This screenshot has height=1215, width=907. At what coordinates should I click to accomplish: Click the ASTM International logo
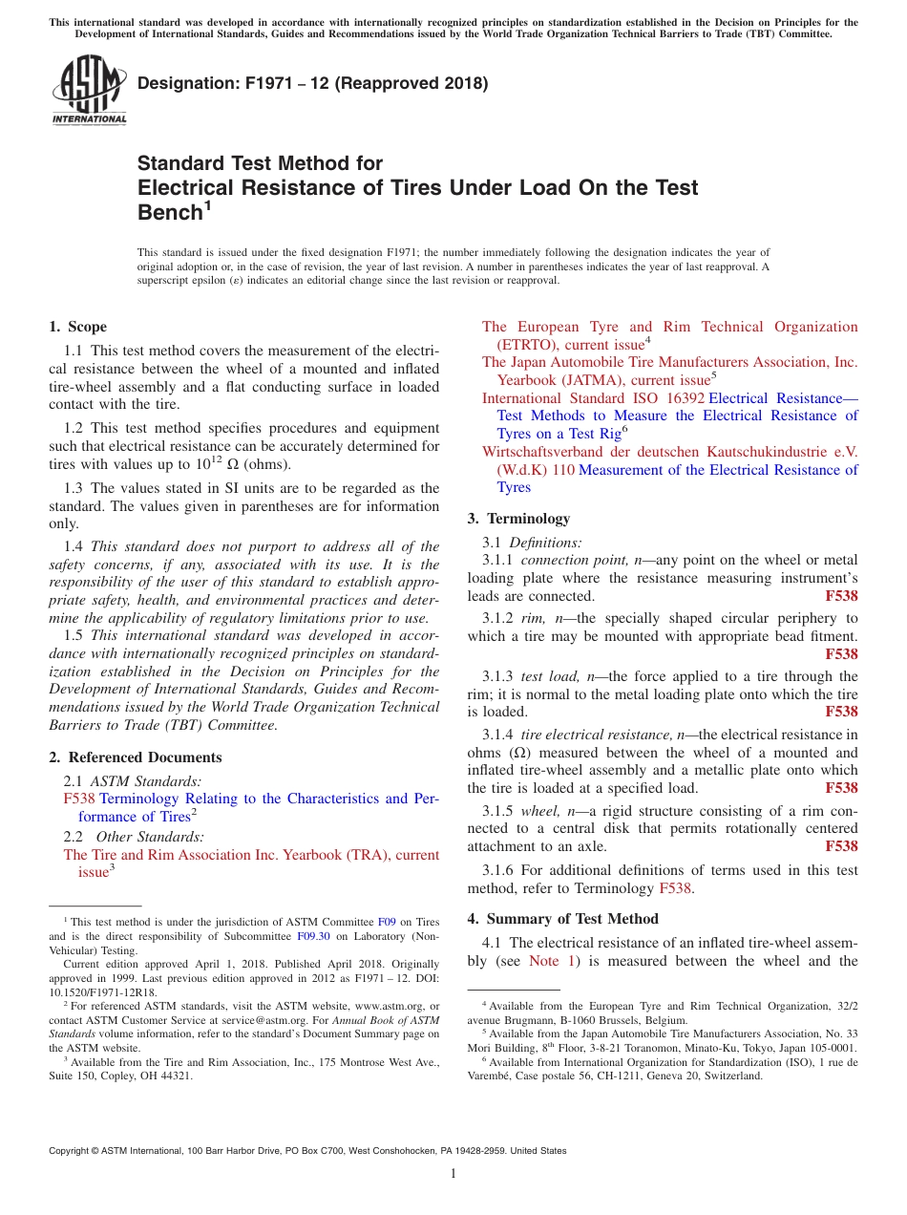(88, 90)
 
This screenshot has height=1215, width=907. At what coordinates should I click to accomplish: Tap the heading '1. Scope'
(77, 327)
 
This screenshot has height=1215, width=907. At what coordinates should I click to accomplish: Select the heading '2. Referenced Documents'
(135, 757)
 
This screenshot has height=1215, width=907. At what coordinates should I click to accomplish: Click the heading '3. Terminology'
(518, 519)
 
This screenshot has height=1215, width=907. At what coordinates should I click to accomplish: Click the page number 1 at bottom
(453, 1174)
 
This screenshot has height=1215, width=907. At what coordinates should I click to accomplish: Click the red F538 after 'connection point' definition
(840, 596)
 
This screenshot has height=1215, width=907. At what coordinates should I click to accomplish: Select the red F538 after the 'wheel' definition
(840, 846)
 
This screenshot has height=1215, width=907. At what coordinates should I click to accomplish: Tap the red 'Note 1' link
(551, 961)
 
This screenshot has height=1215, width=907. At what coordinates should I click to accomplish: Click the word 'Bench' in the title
(170, 212)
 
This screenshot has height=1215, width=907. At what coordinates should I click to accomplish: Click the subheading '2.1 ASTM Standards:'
(133, 781)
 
